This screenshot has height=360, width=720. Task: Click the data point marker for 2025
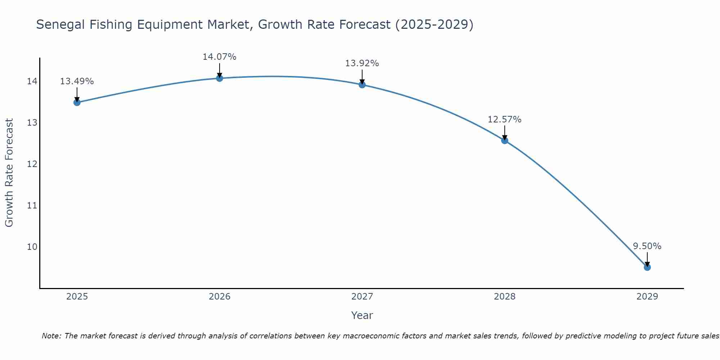click(77, 103)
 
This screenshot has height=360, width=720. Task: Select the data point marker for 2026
click(220, 78)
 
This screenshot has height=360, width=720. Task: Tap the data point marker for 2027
click(362, 85)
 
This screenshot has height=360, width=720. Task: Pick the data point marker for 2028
click(505, 140)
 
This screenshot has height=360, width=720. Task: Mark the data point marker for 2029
click(647, 267)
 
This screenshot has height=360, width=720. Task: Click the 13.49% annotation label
click(77, 81)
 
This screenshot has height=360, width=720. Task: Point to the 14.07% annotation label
click(219, 57)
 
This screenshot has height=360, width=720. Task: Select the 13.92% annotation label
click(362, 63)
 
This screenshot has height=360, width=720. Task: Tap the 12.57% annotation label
click(504, 120)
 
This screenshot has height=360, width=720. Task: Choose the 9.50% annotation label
click(647, 246)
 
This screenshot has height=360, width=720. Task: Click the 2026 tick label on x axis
click(220, 297)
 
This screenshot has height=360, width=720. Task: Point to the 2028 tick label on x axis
click(505, 297)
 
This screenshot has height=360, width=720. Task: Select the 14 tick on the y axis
click(32, 81)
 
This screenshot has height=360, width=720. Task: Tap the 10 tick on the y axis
click(32, 247)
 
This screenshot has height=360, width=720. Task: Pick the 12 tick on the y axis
click(32, 164)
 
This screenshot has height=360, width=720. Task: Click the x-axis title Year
click(362, 315)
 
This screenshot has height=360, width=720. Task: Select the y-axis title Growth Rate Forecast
click(9, 173)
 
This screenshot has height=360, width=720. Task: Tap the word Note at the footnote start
click(51, 336)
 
